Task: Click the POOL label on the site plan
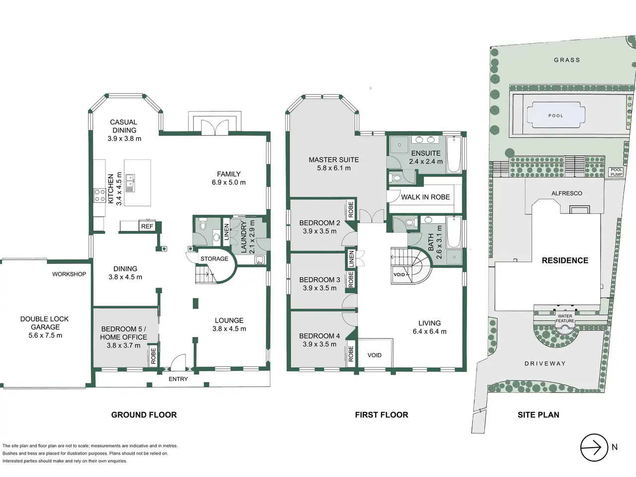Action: click(556, 116)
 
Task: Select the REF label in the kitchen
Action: click(147, 226)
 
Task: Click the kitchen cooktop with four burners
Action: click(99, 195)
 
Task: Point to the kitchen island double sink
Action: click(130, 183)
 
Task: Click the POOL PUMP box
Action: click(616, 172)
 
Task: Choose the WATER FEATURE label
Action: click(565, 318)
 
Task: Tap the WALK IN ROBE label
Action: click(425, 197)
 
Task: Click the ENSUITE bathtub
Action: click(454, 155)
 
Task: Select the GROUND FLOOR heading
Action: click(144, 415)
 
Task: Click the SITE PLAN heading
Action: click(538, 415)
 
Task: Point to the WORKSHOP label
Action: click(69, 274)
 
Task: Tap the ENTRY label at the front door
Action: click(178, 379)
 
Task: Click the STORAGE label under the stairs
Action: click(215, 259)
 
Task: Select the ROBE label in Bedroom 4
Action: click(351, 354)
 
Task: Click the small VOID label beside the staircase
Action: click(399, 275)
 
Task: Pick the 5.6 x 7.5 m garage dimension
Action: click(45, 335)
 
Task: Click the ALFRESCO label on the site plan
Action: click(566, 193)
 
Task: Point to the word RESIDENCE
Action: click(565, 260)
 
